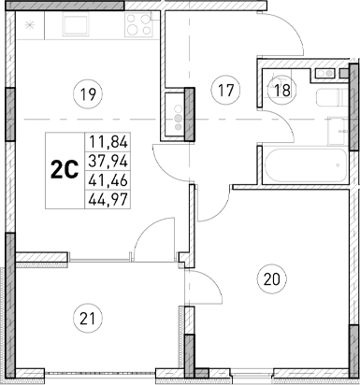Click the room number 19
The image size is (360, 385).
coord(89,93)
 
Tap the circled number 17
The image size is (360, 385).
coord(222,90)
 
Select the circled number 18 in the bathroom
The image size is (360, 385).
coord(281,90)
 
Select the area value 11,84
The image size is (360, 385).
coord(107,143)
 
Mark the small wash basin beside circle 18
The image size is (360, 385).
coord(324,72)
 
